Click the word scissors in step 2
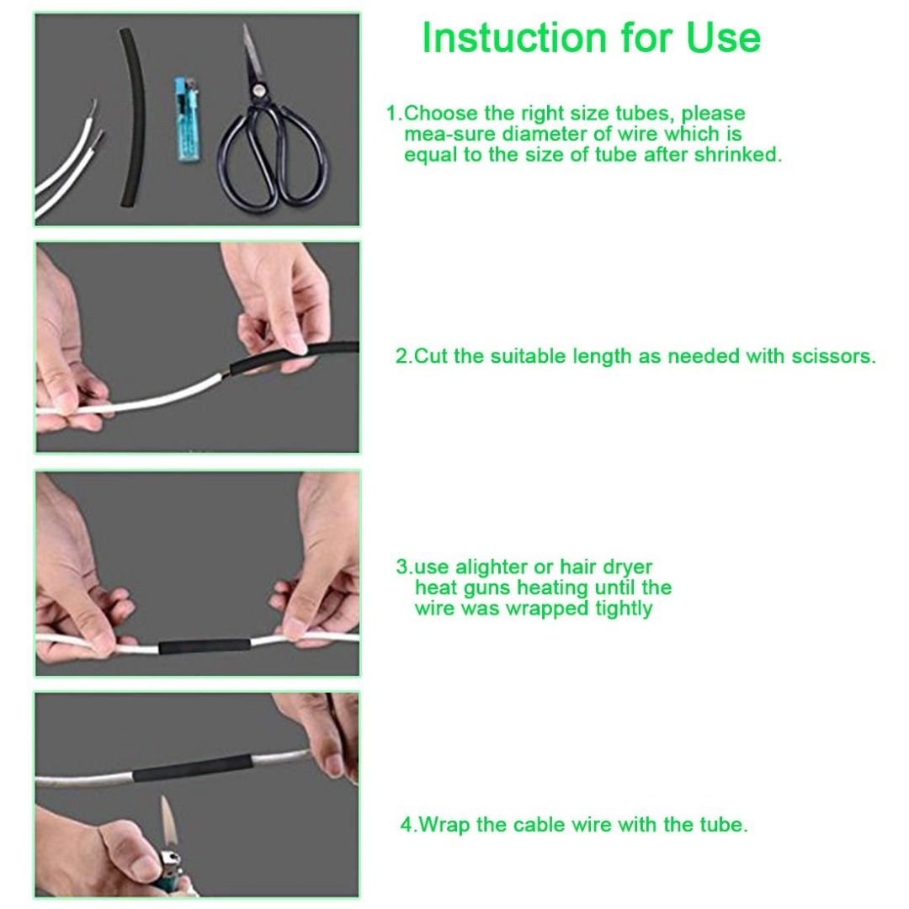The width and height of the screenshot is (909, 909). click(833, 356)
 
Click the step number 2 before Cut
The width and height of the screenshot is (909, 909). click(403, 356)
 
